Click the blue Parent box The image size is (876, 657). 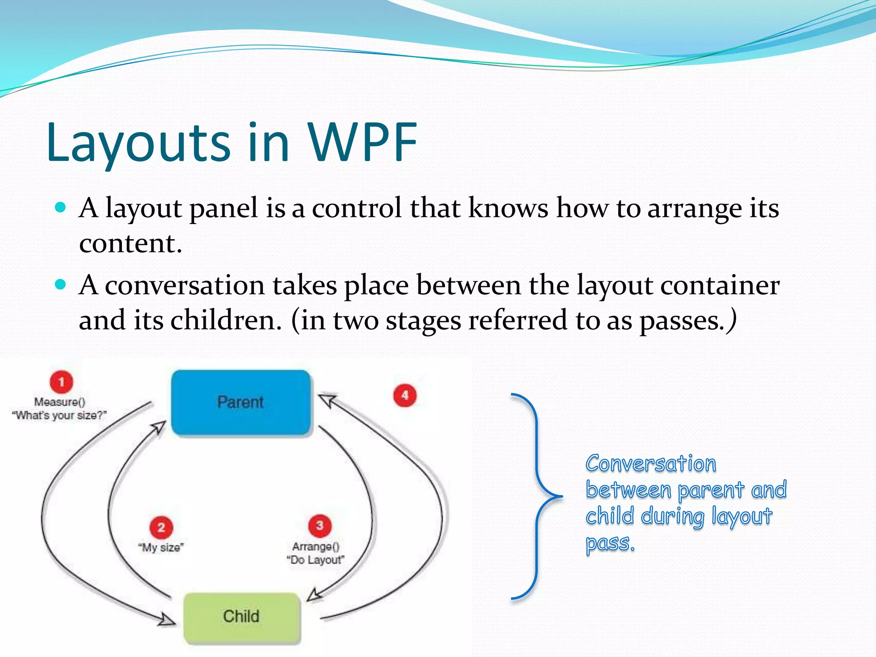pos(241,402)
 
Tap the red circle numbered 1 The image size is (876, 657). pos(62,382)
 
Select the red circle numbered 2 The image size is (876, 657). pos(161,527)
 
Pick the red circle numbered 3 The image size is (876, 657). pos(320,526)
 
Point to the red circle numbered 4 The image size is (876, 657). pos(405,395)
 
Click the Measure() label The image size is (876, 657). pos(60,402)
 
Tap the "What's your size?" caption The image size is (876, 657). pos(59,415)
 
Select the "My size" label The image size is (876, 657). pos(161,547)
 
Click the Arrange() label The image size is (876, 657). pos(316,547)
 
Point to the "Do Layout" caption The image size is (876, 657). pos(315,560)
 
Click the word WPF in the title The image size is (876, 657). pos(362,142)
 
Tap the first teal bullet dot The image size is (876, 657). pos(61,208)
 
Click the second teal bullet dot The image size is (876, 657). pos(61,284)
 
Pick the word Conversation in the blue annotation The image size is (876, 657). pos(651,464)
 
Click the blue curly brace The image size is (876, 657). pos(537,496)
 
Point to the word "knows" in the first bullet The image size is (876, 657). pos(508,208)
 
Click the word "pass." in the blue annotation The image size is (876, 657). pos(610,543)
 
